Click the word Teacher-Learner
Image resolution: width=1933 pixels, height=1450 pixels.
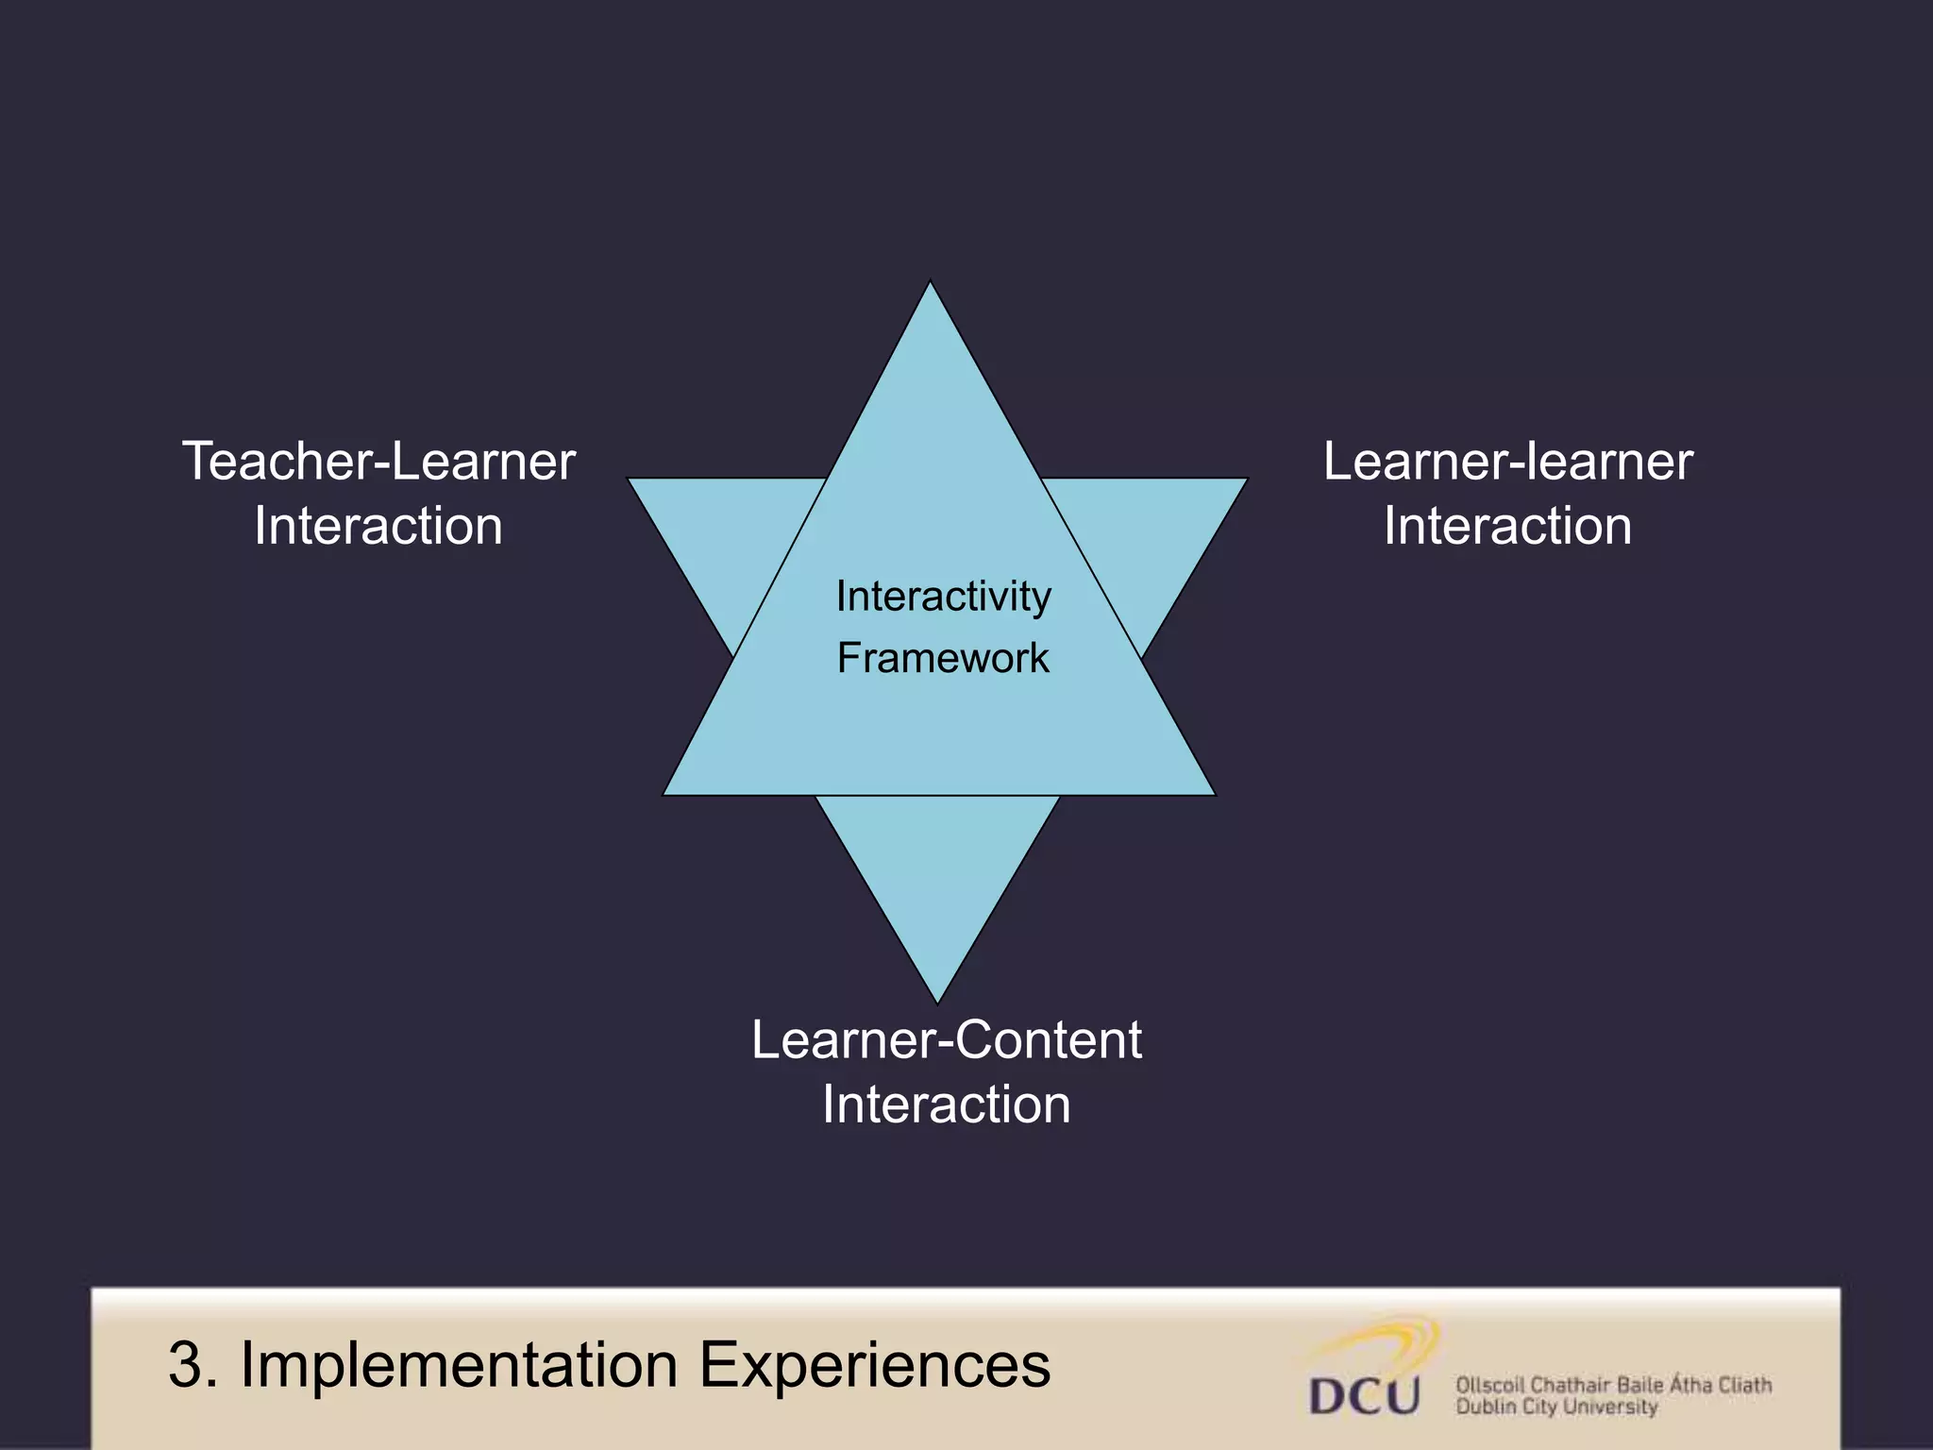pyautogui.click(x=378, y=463)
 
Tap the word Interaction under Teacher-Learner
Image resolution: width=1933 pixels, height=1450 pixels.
pyautogui.click(x=378, y=526)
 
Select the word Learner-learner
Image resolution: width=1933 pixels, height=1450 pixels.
pyautogui.click(x=1507, y=463)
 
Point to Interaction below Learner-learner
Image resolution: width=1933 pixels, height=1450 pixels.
pyautogui.click(x=1507, y=526)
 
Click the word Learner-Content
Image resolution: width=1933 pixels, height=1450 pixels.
pyautogui.click(x=947, y=1040)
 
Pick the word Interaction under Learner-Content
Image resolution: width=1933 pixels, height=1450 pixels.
pyautogui.click(x=947, y=1104)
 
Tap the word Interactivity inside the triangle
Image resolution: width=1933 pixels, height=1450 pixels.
pyautogui.click(x=943, y=597)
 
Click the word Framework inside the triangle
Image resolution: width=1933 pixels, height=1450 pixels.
pyautogui.click(x=943, y=658)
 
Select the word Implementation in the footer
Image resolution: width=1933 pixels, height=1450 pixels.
pyautogui.click(x=459, y=1365)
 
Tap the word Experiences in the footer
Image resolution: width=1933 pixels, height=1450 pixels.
pyautogui.click(x=874, y=1365)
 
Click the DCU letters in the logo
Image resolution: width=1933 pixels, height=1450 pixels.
pyautogui.click(x=1365, y=1395)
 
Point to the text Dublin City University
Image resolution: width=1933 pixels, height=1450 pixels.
pyautogui.click(x=1556, y=1408)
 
